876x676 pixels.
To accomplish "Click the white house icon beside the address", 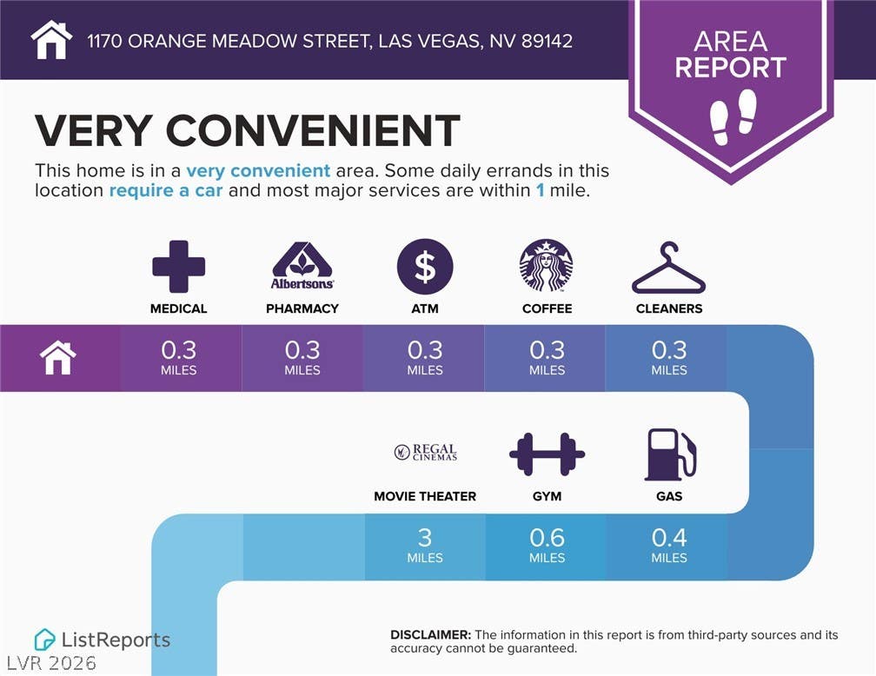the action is click(51, 40).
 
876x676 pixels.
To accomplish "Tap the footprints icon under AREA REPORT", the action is click(733, 117).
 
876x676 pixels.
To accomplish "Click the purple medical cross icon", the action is click(179, 267).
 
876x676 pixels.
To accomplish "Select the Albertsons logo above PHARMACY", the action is click(302, 266).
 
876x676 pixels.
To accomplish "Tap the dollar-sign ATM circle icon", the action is click(425, 267).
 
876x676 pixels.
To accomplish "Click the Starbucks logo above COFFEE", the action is click(547, 266).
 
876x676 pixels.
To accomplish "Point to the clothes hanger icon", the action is click(669, 268).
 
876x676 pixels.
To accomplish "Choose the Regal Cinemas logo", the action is click(426, 452).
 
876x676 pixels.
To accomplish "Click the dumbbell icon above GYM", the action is click(547, 454).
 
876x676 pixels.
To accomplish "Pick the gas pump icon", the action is click(670, 454).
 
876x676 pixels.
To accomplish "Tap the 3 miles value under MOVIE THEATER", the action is click(425, 545).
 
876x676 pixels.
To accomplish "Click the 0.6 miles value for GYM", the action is click(547, 545).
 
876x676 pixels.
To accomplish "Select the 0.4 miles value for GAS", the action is click(669, 545).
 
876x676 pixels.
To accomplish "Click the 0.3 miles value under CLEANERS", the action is click(669, 358).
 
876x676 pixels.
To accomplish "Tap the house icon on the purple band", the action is click(58, 358).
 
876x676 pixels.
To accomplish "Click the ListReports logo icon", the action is click(44, 640).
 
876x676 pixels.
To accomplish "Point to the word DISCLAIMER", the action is click(431, 634).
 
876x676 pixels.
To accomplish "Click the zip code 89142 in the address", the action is click(547, 41).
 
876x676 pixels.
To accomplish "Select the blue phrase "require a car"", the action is click(166, 190).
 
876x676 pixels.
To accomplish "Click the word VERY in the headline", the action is click(93, 130).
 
